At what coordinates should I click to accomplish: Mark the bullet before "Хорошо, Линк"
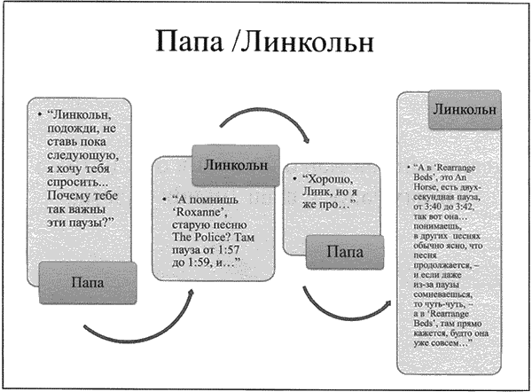coord(293,178)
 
